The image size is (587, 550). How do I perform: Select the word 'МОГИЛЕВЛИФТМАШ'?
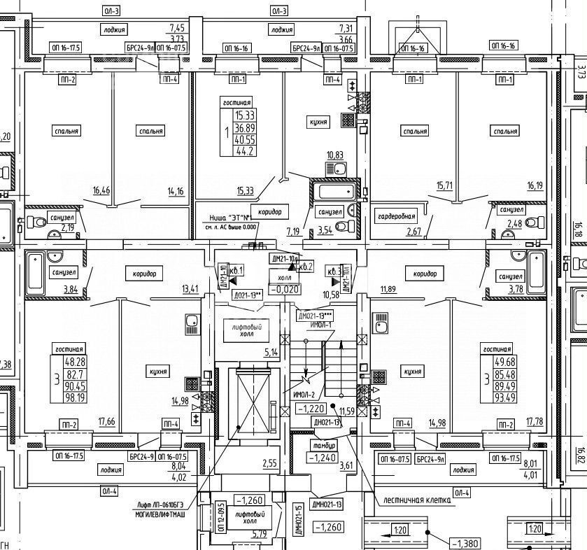pos(165,513)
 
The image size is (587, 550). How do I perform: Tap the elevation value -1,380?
pos(465,543)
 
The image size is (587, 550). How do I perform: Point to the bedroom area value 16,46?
pos(101,190)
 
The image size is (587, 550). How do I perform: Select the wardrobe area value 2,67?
pos(395,232)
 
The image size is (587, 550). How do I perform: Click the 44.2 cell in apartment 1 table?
pos(245,151)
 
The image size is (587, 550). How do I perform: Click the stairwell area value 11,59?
pos(347,411)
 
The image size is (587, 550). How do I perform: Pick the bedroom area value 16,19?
pos(539,186)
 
